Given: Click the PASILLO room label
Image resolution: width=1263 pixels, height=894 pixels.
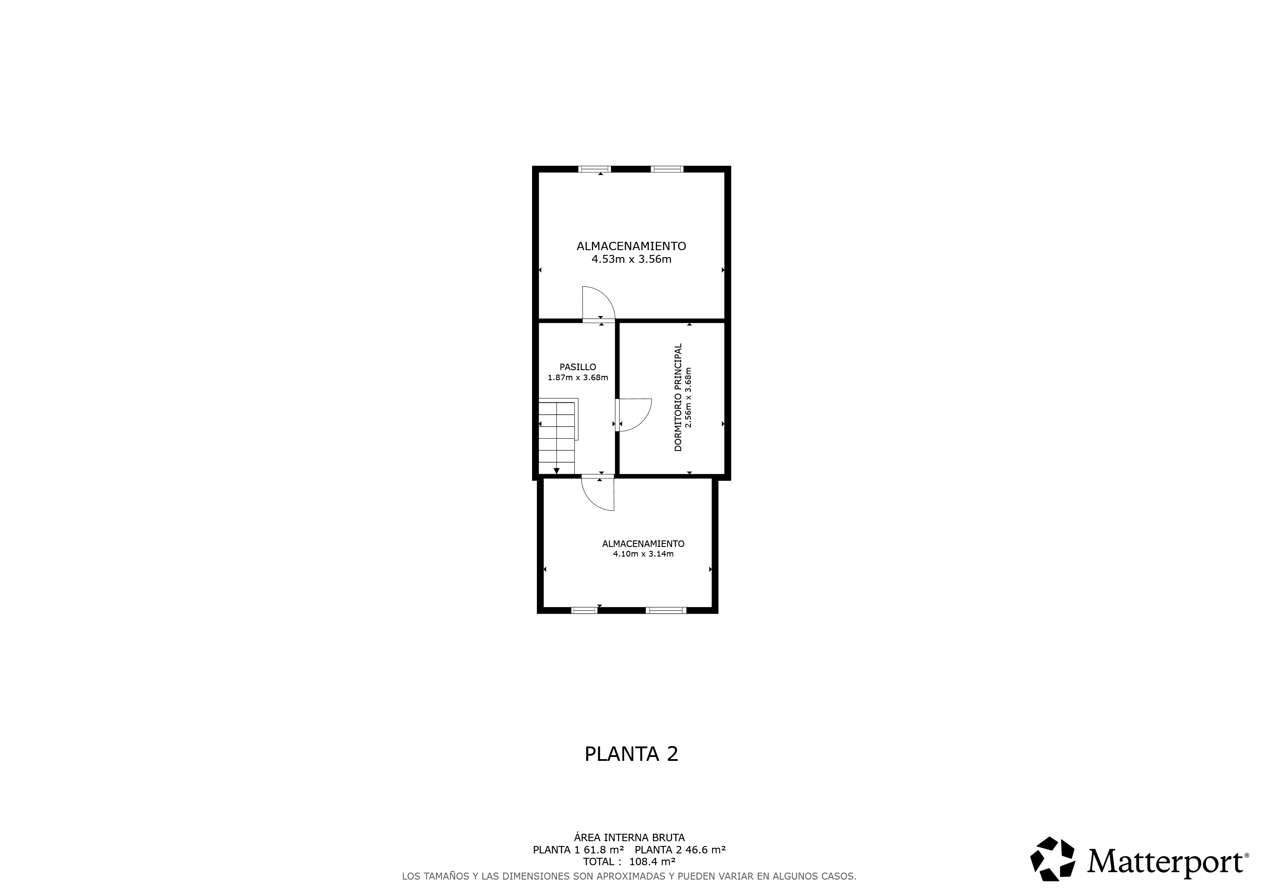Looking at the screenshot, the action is [577, 367].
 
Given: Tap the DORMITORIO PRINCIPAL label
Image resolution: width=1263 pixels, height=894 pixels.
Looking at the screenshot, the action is [678, 398].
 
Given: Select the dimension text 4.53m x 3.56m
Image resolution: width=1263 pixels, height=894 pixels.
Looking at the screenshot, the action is [631, 259].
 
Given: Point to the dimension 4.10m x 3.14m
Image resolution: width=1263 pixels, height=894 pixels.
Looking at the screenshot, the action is [643, 554].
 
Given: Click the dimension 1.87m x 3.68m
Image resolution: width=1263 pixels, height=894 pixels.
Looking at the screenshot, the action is [577, 378].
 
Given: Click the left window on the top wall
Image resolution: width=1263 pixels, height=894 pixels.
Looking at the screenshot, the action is [594, 169].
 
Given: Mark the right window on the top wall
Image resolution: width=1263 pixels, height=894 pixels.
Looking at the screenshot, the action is [667, 169].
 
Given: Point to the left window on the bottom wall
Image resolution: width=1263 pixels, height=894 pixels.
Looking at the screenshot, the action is [585, 610].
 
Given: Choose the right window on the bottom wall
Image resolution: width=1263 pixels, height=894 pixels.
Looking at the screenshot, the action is [666, 610].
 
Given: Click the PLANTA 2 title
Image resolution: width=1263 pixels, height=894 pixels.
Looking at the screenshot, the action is [631, 754].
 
